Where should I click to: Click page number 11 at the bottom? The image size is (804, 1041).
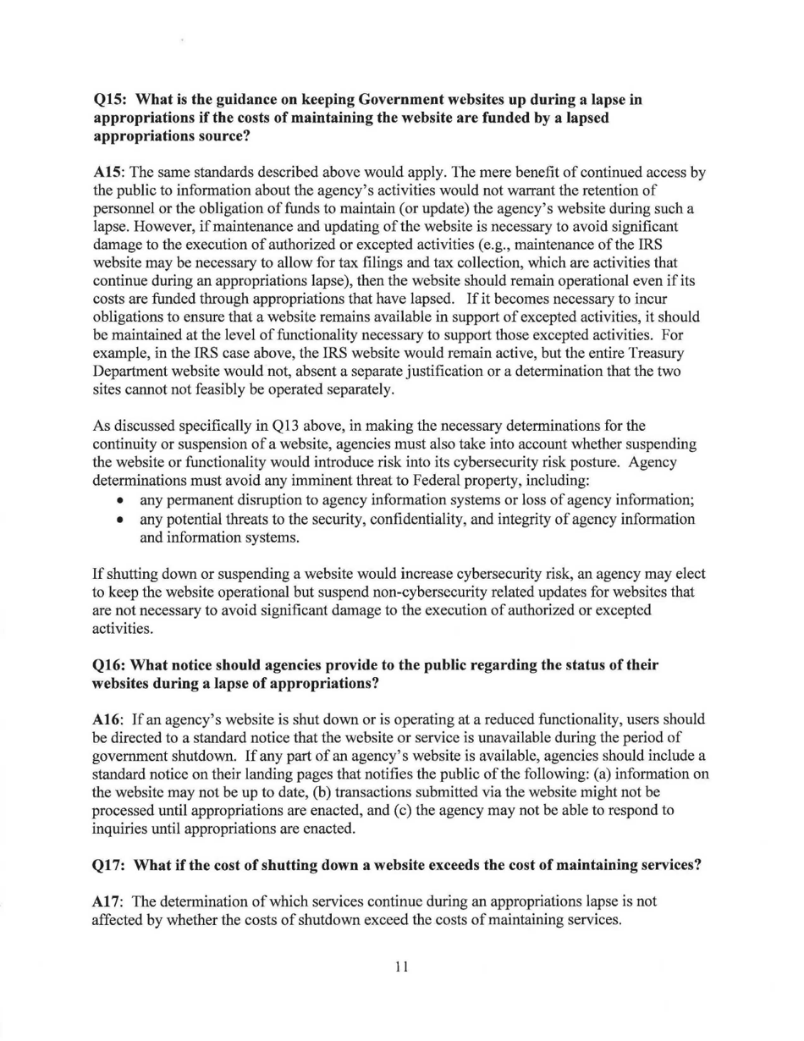[x=402, y=967]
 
